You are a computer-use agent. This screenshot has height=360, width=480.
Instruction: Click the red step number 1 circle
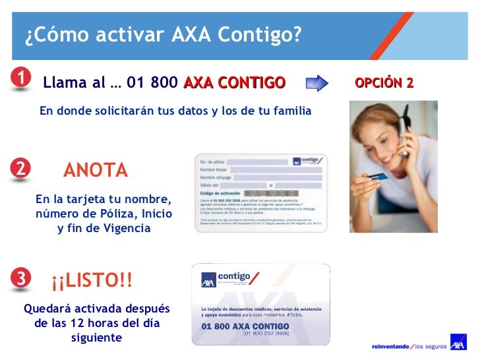(21, 78)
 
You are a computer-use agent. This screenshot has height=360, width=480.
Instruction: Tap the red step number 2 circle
(21, 169)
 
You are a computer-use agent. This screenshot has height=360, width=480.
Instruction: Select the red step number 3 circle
(21, 279)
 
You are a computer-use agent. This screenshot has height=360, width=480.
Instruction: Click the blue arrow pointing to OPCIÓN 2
(317, 83)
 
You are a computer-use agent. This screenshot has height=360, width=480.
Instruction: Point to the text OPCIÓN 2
(384, 83)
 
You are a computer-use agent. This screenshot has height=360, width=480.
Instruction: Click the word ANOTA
(96, 171)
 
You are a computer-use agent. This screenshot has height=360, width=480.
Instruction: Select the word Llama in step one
(65, 83)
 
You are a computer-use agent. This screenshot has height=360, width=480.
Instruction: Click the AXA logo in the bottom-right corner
(458, 344)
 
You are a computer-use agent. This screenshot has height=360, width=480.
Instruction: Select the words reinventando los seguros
(409, 345)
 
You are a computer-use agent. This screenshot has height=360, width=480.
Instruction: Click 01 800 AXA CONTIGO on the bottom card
(245, 326)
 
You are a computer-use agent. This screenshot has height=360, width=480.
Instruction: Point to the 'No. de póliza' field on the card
(212, 162)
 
